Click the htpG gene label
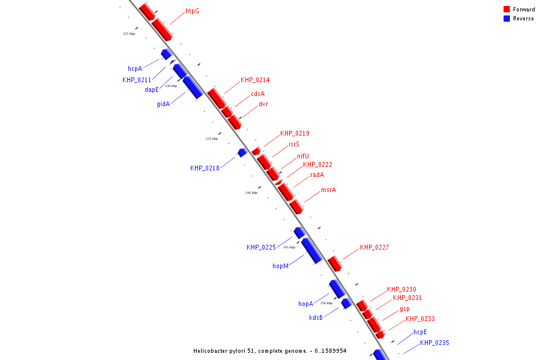tap(192, 11)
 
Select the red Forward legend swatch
tap(506, 10)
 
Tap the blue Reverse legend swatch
tap(506, 19)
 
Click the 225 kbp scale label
tap(129, 34)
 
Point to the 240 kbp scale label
tap(251, 193)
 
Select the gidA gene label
tap(163, 104)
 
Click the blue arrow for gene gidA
tap(193, 87)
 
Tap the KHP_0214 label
tap(255, 80)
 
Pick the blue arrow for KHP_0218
tap(242, 152)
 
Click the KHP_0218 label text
tap(205, 168)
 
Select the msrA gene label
tap(328, 190)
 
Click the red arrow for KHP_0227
tap(334, 263)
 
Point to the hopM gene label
tap(280, 265)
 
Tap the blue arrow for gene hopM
tap(311, 250)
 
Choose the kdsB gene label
tap(316, 317)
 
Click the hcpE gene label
tap(420, 332)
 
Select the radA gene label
tap(317, 175)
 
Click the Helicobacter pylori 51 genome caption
tap(269, 350)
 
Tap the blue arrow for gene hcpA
tap(166, 54)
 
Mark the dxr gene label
tap(263, 104)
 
